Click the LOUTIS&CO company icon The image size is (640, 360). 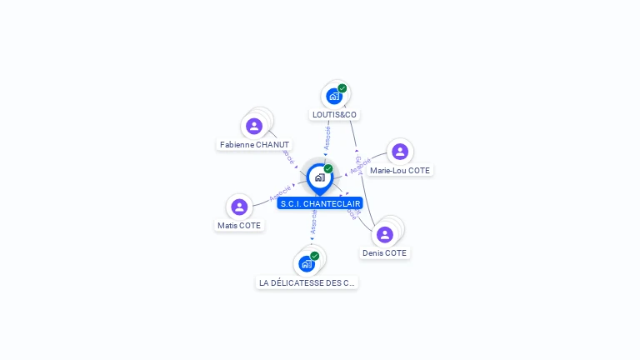coord(334,96)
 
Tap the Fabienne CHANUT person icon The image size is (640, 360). coord(254,126)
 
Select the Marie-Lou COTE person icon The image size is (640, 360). coord(400,152)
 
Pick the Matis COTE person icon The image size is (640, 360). coord(239,207)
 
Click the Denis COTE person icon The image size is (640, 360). coord(385,234)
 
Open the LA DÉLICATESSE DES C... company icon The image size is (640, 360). coord(307,264)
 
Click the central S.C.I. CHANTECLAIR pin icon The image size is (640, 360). coord(319,177)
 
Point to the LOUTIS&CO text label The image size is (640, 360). coord(334,114)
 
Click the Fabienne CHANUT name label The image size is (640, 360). coord(254,145)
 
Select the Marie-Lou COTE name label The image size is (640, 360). coord(400,170)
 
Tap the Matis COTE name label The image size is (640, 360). coord(239,225)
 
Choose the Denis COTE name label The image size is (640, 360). coord(385,252)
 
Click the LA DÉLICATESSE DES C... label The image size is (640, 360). coord(307,282)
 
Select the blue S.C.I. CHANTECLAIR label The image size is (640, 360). coord(320,203)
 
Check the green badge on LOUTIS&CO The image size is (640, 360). coord(342,88)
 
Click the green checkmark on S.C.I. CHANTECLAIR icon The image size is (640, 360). coord(328,169)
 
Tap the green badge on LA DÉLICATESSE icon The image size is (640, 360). coord(314,256)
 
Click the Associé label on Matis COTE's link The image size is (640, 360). coord(280,193)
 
